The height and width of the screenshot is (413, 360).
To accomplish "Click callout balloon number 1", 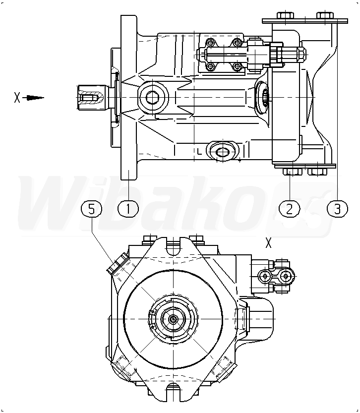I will [x=128, y=208].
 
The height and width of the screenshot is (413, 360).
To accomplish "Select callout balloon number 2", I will [x=290, y=208].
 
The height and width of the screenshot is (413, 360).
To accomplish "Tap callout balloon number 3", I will [x=338, y=208].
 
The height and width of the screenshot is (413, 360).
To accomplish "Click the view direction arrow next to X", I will [x=34, y=98].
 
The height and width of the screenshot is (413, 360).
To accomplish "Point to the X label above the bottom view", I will [x=269, y=243].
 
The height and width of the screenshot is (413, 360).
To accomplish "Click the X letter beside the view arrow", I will [x=17, y=98].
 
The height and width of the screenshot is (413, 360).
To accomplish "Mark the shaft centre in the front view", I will [x=173, y=320].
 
